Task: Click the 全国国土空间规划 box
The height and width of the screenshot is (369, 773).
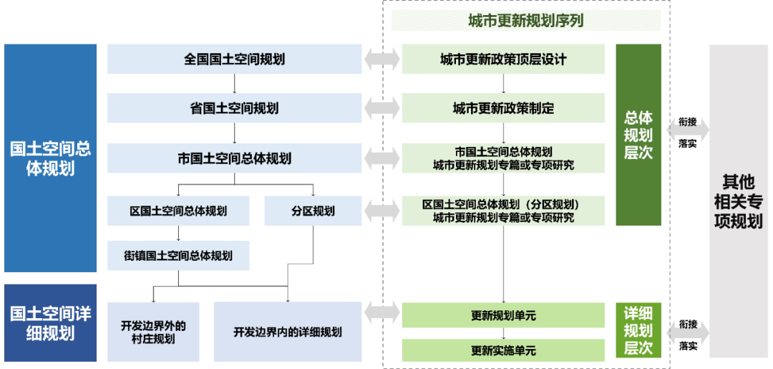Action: (234, 59)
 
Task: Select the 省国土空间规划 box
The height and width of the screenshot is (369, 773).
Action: (234, 108)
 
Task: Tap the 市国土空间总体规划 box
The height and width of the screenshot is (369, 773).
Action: (234, 158)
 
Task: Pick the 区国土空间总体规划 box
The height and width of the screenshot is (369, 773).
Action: (178, 211)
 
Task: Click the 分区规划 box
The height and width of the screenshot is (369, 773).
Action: (313, 211)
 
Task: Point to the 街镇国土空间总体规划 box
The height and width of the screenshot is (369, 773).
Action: (178, 255)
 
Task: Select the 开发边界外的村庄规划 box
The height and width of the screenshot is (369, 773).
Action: (153, 332)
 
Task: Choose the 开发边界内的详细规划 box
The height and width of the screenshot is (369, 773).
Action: (288, 332)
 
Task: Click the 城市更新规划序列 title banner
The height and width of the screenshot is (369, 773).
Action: (526, 21)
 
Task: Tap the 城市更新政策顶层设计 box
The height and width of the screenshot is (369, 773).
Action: (503, 59)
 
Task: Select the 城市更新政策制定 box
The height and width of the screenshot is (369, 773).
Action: (503, 108)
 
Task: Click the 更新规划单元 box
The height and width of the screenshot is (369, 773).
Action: (503, 315)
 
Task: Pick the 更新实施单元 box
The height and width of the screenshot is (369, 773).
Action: (503, 350)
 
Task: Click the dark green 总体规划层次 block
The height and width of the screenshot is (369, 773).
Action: (638, 135)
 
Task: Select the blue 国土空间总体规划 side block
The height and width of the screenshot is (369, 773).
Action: (50, 158)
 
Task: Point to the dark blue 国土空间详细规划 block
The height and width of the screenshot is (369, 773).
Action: (50, 323)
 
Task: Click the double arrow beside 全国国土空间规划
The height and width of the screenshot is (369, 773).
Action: (381, 59)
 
